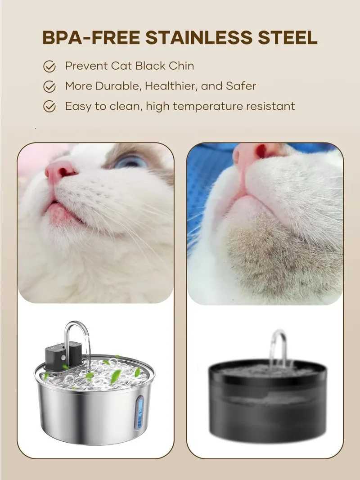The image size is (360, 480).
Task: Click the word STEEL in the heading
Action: click(287, 38)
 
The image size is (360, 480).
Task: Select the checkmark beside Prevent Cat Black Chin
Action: click(49, 67)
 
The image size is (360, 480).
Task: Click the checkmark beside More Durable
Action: click(49, 86)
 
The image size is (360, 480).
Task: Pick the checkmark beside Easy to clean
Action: click(49, 107)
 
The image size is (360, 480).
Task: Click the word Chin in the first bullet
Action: click(181, 66)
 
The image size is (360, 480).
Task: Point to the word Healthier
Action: click(171, 86)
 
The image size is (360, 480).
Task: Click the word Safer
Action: click(241, 86)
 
